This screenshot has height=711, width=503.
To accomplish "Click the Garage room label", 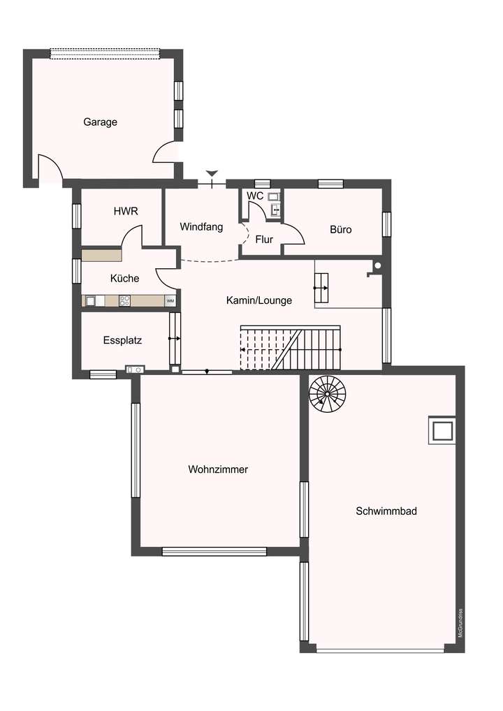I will pos(100,122).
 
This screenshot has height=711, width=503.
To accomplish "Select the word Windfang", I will pos(201,227).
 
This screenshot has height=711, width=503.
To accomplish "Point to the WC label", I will pos(256,196).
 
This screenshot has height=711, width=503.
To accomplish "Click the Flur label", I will pos(264,240).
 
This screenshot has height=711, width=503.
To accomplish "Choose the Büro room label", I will pos(341,229).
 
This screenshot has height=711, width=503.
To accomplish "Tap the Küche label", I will pos(124,278).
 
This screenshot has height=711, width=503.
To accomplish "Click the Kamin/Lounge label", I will pos(259,300).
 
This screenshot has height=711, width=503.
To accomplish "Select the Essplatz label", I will pos(122,341).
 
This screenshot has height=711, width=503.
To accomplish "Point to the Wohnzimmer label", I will pos(218,469).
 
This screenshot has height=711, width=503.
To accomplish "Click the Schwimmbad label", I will pos(386,511).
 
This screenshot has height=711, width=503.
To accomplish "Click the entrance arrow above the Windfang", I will pos(212,173).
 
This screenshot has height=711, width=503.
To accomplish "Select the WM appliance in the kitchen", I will pos(170,301).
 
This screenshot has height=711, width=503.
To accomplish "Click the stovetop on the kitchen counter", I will pos(126,301).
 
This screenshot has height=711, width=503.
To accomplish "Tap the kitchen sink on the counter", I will pos(91,301).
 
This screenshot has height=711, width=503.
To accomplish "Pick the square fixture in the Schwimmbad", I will pos(442,430).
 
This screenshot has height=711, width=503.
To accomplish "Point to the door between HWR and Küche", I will pos(132,237).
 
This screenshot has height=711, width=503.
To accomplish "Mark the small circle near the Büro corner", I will pos(377,265).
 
